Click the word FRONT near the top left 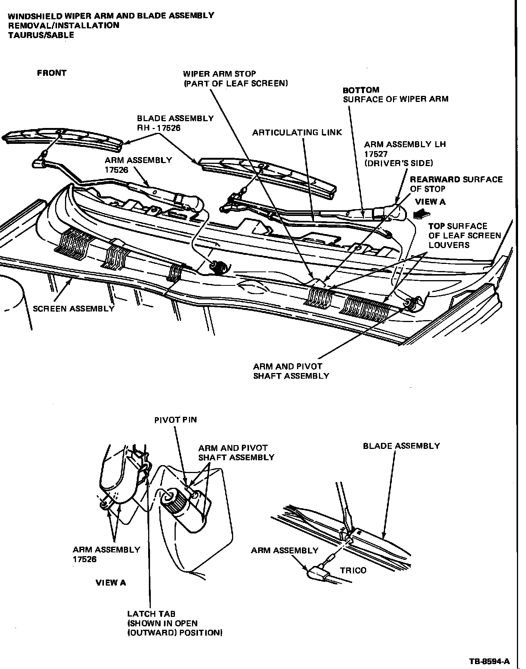point(51,73)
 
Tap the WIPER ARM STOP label point(235,79)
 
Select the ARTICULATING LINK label point(297,133)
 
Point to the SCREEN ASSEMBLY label point(73,309)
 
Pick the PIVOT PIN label point(175,420)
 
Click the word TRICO point(353,570)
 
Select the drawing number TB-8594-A point(490,661)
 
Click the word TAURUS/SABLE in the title point(41,35)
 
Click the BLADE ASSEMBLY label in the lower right point(401,446)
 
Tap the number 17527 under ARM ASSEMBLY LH point(376,154)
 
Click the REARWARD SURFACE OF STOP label point(456,184)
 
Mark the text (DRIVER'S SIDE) point(399,163)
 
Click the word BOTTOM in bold point(361,90)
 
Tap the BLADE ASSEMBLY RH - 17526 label point(175,123)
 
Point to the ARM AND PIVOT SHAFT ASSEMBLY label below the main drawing point(291,371)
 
